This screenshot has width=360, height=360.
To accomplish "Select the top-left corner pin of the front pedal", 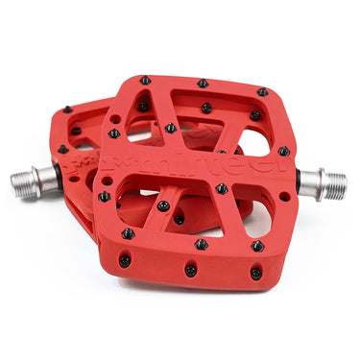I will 144,81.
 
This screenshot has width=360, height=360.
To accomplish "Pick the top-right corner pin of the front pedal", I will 262,92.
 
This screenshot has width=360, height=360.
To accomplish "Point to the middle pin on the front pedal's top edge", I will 204,84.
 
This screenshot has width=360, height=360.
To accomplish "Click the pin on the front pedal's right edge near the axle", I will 284,151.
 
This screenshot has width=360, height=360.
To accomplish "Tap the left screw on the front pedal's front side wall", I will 125,260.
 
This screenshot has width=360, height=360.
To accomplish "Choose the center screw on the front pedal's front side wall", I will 190,270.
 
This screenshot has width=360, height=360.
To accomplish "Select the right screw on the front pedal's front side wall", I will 255,274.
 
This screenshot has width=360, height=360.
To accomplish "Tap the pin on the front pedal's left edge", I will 104,197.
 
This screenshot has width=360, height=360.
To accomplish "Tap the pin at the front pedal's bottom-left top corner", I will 128,233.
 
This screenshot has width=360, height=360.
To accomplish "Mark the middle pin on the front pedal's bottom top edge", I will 201,244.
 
